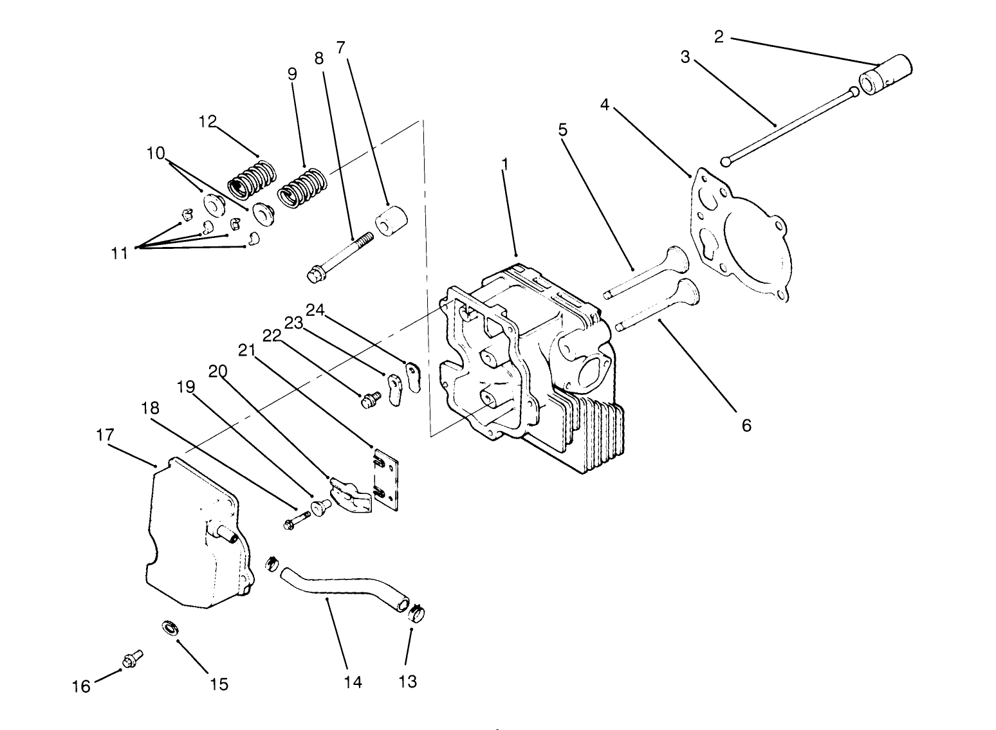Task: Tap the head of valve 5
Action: point(676,259)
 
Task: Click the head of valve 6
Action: point(687,293)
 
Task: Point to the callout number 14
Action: point(353,682)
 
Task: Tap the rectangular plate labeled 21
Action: point(385,480)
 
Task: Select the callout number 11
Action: point(119,253)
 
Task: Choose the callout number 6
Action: point(746,425)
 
